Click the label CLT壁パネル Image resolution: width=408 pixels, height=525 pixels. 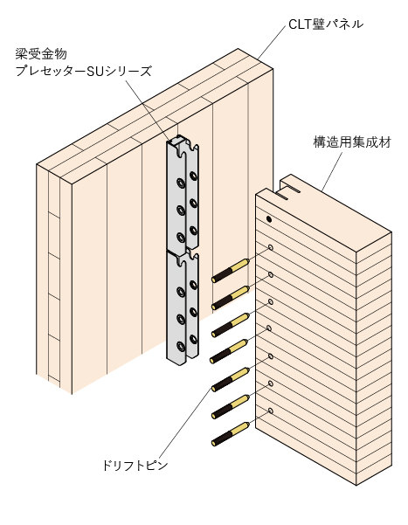[x=326, y=24]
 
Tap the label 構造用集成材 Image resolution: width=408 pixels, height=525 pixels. [x=352, y=142]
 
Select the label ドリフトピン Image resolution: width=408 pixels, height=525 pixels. [x=135, y=466]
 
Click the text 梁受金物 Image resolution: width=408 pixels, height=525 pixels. [x=41, y=54]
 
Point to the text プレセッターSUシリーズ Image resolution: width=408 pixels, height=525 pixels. [x=83, y=71]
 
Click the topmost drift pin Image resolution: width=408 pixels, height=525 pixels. [x=231, y=271]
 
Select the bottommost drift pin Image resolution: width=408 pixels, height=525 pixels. [x=231, y=434]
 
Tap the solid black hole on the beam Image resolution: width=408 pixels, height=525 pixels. [x=269, y=219]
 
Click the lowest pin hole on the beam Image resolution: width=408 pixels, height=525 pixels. [x=271, y=411]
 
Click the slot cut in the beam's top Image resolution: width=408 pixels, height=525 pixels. [x=287, y=194]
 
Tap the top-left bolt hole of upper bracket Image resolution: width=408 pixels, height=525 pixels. [x=181, y=183]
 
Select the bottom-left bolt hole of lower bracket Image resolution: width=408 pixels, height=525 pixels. [x=181, y=346]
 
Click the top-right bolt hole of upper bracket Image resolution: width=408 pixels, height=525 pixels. [x=193, y=175]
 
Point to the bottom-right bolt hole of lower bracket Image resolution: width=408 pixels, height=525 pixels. [x=193, y=339]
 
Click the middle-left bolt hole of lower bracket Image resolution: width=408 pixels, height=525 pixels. [x=181, y=319]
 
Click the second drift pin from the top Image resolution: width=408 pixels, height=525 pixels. [x=231, y=298]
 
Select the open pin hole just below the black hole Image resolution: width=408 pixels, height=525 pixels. [x=271, y=247]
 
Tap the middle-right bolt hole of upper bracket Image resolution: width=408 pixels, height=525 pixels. [x=193, y=203]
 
